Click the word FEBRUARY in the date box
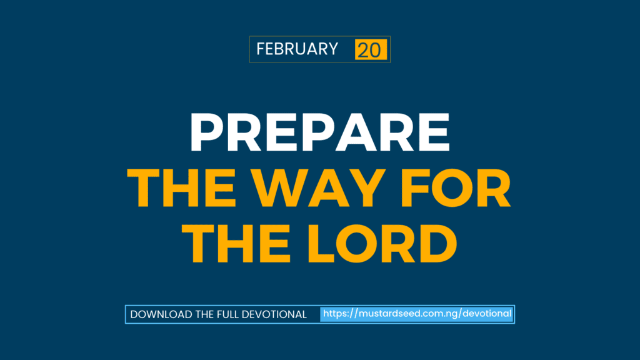pyautogui.click(x=297, y=49)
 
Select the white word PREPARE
pyautogui.click(x=319, y=132)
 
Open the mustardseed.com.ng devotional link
pyautogui.click(x=417, y=314)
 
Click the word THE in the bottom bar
pyautogui.click(x=204, y=314)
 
